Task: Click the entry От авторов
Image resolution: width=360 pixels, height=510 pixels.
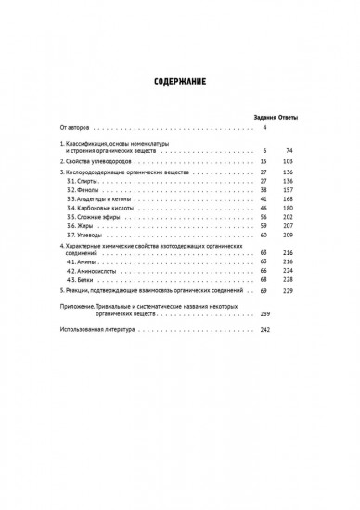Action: tap(75, 128)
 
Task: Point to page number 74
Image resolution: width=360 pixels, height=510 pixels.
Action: tap(289, 149)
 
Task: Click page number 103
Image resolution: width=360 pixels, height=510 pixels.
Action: tap(288, 160)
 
